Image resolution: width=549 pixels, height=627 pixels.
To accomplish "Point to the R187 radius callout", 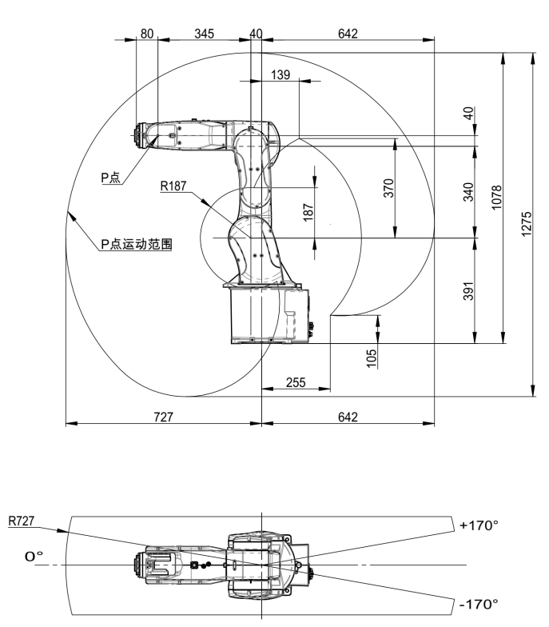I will click(173, 186).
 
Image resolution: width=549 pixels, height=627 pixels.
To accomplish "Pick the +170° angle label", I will click(479, 525).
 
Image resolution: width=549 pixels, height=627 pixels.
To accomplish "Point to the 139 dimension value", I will click(280, 74).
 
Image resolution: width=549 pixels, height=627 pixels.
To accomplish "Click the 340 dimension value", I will click(469, 192).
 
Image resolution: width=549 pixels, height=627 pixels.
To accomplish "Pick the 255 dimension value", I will click(296, 382).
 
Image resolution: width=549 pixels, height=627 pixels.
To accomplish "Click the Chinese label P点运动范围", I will click(137, 243).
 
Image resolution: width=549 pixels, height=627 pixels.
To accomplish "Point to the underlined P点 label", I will click(110, 178).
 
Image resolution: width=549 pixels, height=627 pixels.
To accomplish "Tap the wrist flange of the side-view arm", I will click(141, 136).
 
